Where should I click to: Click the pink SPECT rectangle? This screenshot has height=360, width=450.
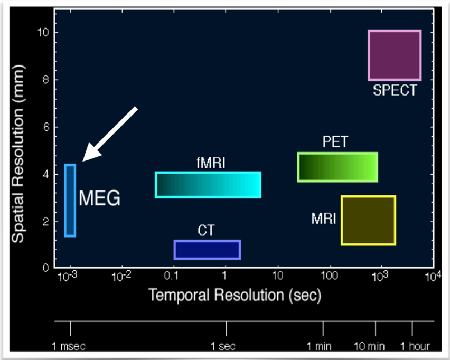point(395,55)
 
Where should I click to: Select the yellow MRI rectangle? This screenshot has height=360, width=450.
point(368,220)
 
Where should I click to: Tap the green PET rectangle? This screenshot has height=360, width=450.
point(337,167)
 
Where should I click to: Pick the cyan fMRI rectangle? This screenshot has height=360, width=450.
point(208,185)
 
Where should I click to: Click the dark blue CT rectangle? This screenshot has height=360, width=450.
point(207,250)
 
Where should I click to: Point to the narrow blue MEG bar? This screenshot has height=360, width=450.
point(70,201)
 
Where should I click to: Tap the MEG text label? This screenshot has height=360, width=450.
point(100,198)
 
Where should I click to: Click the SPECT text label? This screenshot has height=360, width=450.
point(395,90)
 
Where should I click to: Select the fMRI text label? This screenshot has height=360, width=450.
point(210,163)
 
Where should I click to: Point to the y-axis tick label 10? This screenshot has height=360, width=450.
point(43,33)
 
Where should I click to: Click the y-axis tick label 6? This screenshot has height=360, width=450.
point(46,127)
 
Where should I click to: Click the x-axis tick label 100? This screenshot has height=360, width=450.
point(330,276)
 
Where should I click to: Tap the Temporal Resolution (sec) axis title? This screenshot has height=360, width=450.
point(235,295)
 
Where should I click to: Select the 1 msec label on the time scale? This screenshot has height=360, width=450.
point(69,346)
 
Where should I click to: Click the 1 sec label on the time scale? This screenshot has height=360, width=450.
point(226,346)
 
